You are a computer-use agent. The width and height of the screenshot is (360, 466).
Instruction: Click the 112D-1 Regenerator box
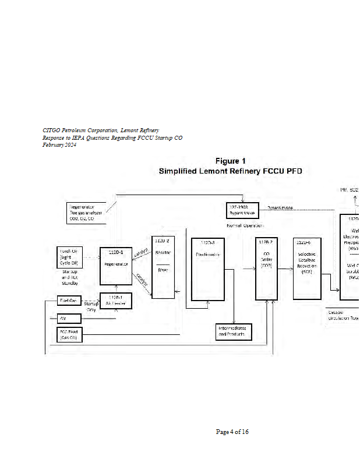(117, 265)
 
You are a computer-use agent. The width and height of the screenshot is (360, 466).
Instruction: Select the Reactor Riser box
(163, 267)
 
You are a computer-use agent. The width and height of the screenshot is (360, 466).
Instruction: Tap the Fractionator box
(208, 269)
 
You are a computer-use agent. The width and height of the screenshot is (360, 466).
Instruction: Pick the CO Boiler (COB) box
(267, 268)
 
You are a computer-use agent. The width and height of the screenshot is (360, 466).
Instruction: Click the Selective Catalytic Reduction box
(307, 268)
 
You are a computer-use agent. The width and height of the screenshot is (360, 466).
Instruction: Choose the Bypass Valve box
(242, 210)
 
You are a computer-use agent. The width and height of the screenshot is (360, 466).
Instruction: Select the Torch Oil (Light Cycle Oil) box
(69, 256)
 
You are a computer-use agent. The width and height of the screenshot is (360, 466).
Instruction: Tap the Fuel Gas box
(69, 301)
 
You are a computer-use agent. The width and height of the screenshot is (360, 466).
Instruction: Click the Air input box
(69, 319)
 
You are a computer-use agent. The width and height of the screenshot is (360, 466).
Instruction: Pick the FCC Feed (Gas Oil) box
(69, 334)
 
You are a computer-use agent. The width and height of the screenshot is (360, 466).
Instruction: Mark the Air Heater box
(117, 301)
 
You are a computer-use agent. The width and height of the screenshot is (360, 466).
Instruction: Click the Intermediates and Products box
(233, 332)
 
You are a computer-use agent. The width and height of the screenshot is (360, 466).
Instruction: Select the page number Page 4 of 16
(232, 432)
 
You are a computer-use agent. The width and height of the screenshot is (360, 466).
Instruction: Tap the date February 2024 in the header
(59, 145)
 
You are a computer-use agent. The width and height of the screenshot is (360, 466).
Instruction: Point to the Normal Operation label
(245, 225)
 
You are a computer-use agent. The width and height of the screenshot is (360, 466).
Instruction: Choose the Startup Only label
(91, 307)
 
